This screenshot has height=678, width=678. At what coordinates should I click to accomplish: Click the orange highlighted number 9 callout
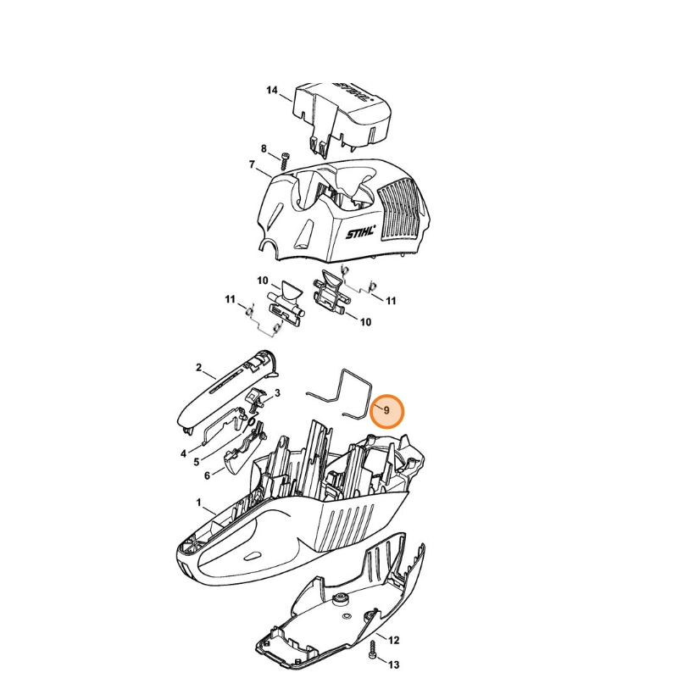(386, 411)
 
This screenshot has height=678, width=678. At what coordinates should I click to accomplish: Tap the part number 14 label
(271, 90)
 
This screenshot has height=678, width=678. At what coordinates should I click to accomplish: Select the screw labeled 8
(284, 161)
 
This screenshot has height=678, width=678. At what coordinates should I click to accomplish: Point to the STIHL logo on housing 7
(361, 232)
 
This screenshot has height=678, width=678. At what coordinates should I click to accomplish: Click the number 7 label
(252, 164)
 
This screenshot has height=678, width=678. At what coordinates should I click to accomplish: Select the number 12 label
(393, 640)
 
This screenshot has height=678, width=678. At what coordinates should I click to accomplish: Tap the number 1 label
(198, 503)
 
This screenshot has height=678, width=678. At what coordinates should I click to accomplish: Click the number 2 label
(198, 368)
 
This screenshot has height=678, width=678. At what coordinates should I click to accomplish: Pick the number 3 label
(277, 392)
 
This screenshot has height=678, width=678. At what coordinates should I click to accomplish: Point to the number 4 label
(183, 453)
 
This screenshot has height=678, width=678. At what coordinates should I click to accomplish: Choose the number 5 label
(197, 462)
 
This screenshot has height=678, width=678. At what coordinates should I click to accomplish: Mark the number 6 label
(207, 475)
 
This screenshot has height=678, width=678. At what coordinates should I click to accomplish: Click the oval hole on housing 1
(253, 555)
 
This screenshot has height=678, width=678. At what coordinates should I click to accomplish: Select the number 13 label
(393, 664)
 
